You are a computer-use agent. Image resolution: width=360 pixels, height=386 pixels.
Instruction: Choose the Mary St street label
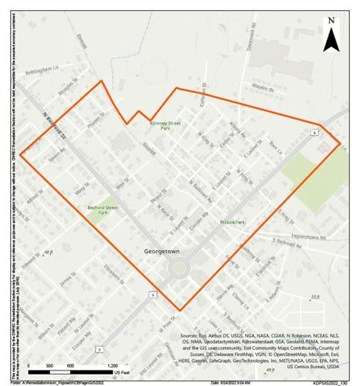click(80, 188)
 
